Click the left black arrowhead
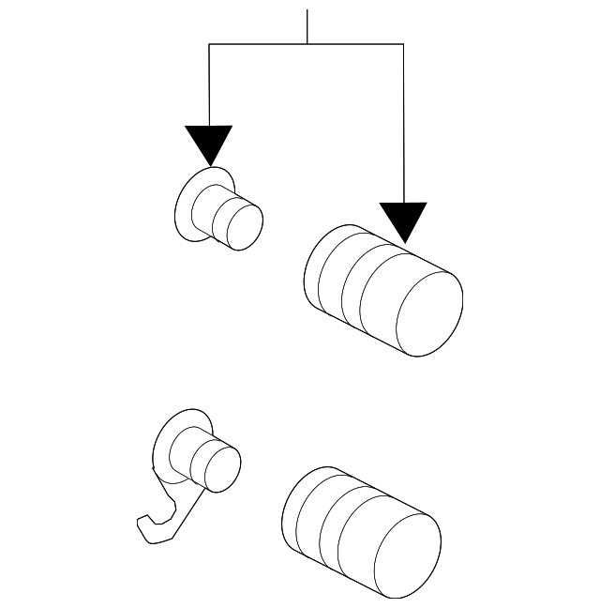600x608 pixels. (x=208, y=144)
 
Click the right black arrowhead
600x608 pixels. (x=403, y=221)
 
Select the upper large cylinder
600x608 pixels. (x=382, y=289)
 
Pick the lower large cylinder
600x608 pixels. (x=361, y=532)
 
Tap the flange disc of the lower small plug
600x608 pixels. (x=168, y=441)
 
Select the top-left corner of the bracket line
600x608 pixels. (x=208, y=44)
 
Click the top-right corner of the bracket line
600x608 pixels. (x=403, y=44)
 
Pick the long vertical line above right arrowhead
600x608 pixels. (x=403, y=122)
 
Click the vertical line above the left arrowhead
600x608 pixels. (x=208, y=84)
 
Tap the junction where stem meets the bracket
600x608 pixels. (x=307, y=44)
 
